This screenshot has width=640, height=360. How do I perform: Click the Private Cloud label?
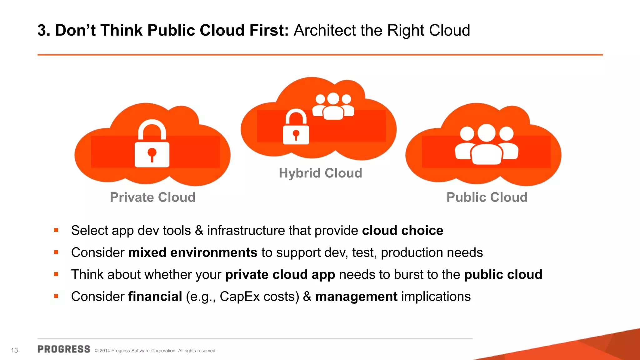[152, 197]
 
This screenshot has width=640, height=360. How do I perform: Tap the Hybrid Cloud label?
[320, 173]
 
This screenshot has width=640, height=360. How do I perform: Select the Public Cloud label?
[487, 197]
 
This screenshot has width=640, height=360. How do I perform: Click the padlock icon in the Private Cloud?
[152, 144]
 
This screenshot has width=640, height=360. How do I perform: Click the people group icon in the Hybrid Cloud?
[333, 106]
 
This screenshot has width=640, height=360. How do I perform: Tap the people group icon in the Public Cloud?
[487, 144]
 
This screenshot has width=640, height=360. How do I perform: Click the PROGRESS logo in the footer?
[64, 349]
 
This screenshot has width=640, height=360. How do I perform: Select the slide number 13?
[14, 350]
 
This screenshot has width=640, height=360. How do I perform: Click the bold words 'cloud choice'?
[402, 231]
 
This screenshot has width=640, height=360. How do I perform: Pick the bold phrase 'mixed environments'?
[192, 252]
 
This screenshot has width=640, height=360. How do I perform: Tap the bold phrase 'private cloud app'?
[280, 275]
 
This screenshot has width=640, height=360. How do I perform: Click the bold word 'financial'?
[155, 297]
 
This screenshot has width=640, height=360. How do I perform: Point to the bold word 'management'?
[356, 297]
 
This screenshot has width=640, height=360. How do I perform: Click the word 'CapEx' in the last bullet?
[240, 297]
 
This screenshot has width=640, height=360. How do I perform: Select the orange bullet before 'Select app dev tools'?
[56, 230]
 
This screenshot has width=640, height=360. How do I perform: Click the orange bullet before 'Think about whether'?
[56, 274]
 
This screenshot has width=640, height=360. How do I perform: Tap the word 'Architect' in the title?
[324, 31]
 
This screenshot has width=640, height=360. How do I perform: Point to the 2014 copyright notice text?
[155, 351]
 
